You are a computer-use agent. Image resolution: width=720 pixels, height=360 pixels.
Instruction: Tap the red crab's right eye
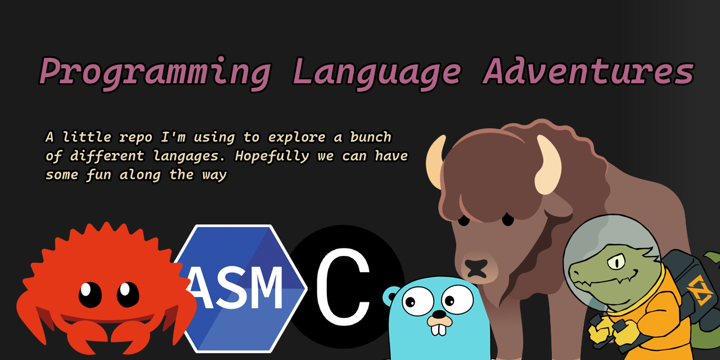point(128,294)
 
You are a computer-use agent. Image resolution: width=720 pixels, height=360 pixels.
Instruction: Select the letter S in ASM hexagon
point(231,288)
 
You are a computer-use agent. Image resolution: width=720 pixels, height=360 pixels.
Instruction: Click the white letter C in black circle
point(343,287)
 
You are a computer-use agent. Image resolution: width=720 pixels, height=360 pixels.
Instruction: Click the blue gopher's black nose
point(438,313)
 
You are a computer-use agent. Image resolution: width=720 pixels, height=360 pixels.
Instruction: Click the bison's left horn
point(435,163)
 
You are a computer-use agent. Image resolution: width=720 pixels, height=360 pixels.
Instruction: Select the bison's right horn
point(548,166)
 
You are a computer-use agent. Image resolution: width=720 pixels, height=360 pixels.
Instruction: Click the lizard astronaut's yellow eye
point(617,261)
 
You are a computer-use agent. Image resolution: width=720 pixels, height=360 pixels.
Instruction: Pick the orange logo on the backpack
point(699,289)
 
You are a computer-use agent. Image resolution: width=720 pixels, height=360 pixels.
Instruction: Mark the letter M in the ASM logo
point(265,288)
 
